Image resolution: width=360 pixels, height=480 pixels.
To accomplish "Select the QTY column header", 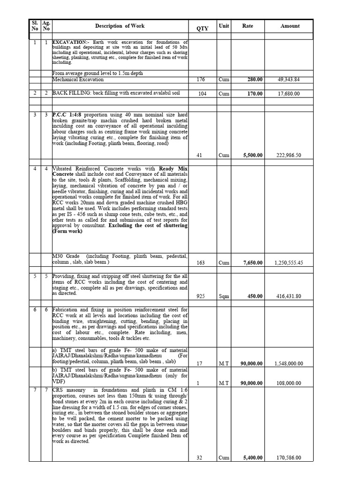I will click(202, 29).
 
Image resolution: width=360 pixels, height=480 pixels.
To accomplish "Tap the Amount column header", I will click(290, 26).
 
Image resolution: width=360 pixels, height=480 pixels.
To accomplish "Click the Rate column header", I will click(247, 26).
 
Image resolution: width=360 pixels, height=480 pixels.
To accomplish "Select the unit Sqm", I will click(224, 297).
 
